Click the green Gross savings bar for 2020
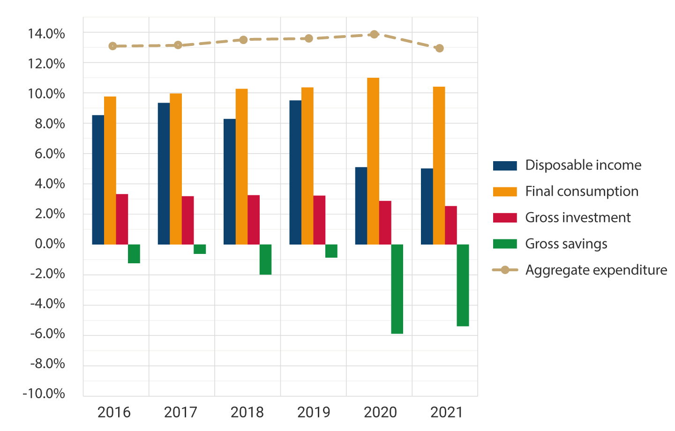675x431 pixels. (397, 289)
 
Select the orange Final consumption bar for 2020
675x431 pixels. (373, 161)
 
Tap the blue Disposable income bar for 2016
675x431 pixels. (98, 179)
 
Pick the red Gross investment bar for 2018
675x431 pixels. (254, 219)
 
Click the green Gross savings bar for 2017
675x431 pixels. (200, 249)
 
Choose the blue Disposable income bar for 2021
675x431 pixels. (427, 206)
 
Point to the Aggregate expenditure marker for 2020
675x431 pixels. (374, 34)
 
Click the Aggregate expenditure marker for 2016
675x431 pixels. (112, 46)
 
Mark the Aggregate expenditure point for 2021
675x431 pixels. (439, 48)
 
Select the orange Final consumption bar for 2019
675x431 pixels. (307, 165)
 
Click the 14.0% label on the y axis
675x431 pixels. (46, 34)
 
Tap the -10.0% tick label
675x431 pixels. (44, 394)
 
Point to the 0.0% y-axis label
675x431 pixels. (50, 244)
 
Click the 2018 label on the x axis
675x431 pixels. (247, 412)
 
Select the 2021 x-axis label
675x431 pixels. (446, 412)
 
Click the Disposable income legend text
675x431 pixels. (583, 165)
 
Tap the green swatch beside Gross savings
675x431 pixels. (505, 244)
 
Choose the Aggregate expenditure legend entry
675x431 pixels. (596, 270)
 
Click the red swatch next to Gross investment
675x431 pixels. (505, 217)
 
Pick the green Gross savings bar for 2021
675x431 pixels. (463, 285)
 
